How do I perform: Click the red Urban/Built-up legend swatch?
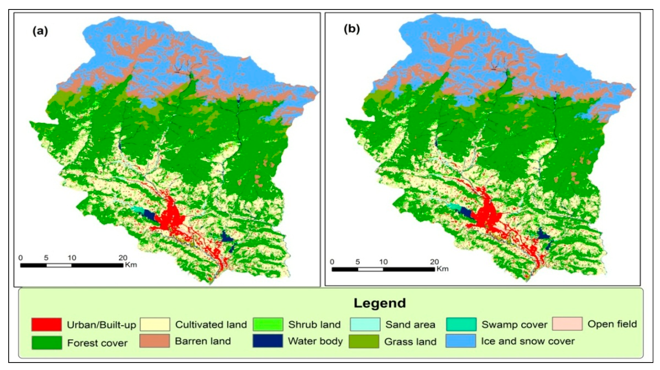(46, 324)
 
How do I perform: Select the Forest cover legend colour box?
(46, 343)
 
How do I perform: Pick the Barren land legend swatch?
(154, 341)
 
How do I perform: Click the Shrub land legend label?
(314, 325)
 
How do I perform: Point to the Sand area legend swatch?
(365, 324)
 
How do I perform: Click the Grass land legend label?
(410, 342)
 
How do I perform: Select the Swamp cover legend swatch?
(461, 324)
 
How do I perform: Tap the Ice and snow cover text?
(528, 341)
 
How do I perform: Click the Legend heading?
(380, 303)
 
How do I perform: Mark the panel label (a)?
(40, 31)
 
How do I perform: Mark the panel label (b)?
(351, 29)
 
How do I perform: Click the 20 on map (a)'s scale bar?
(123, 258)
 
